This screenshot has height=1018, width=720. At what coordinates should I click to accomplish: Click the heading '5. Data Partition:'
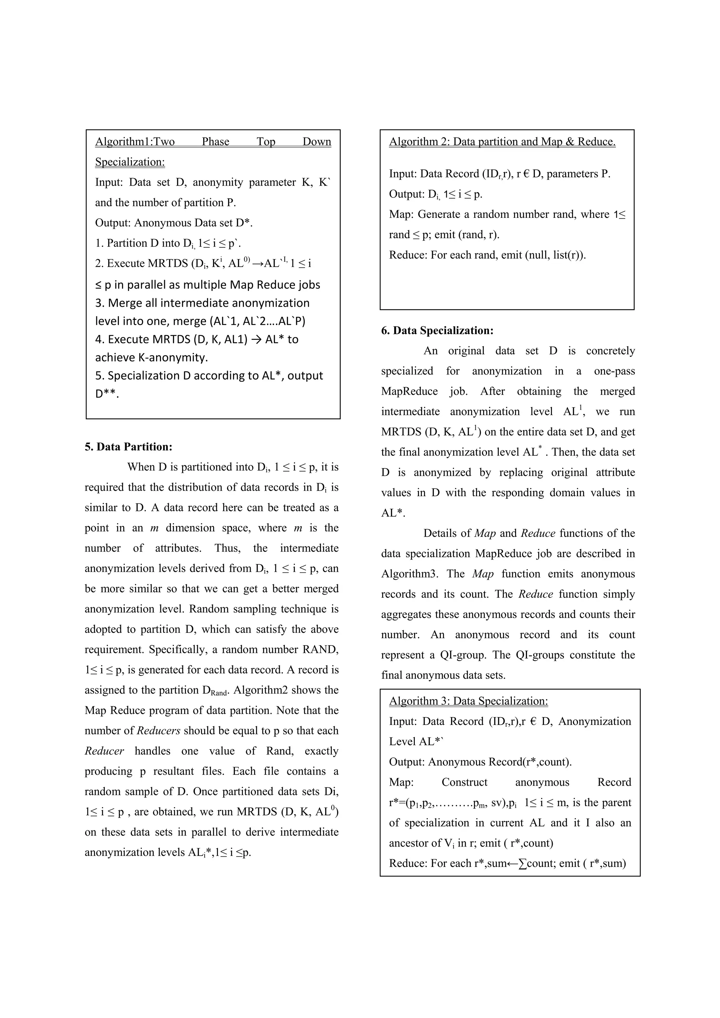(128, 447)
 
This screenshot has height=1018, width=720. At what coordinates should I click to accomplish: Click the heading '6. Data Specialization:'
(437, 330)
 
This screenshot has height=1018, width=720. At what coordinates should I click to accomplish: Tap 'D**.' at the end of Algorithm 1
(107, 394)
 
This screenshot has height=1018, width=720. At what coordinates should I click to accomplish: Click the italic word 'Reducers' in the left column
(158, 731)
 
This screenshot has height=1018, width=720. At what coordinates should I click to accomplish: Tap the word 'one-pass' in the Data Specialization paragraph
(614, 371)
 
